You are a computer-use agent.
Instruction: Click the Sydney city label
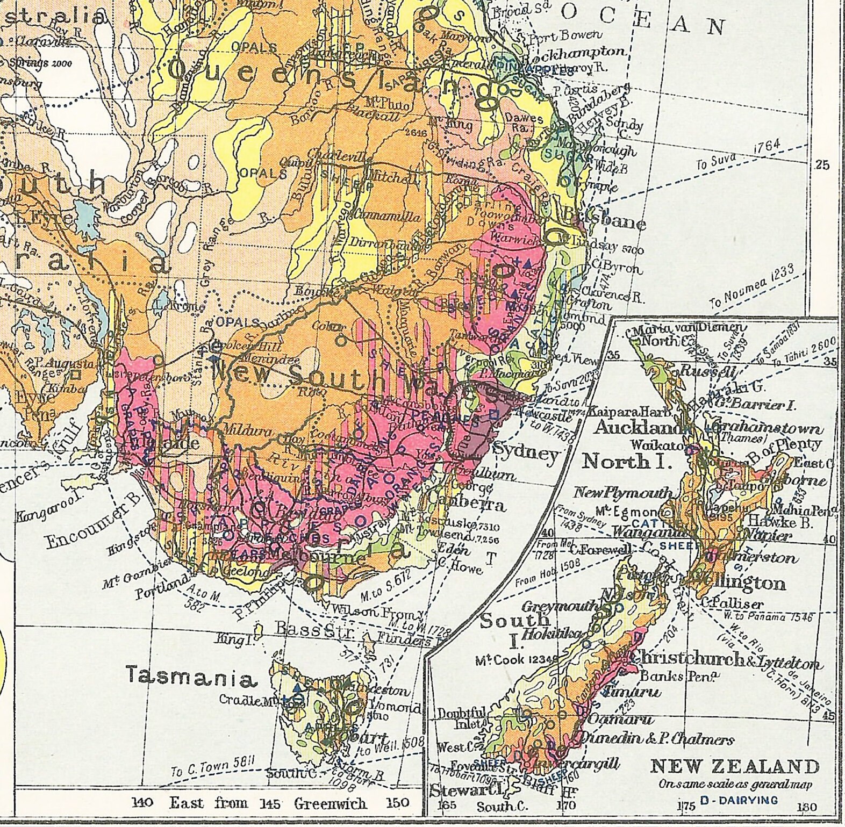click(525, 454)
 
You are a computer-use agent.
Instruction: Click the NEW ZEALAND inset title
click(735, 766)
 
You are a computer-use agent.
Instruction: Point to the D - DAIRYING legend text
click(739, 801)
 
